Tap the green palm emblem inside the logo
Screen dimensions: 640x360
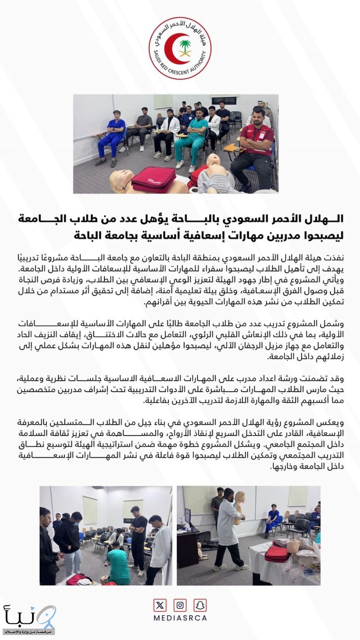185,47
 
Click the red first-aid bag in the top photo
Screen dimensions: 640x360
153,179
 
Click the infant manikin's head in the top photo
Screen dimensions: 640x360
212,161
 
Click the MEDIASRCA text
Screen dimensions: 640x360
180,618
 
